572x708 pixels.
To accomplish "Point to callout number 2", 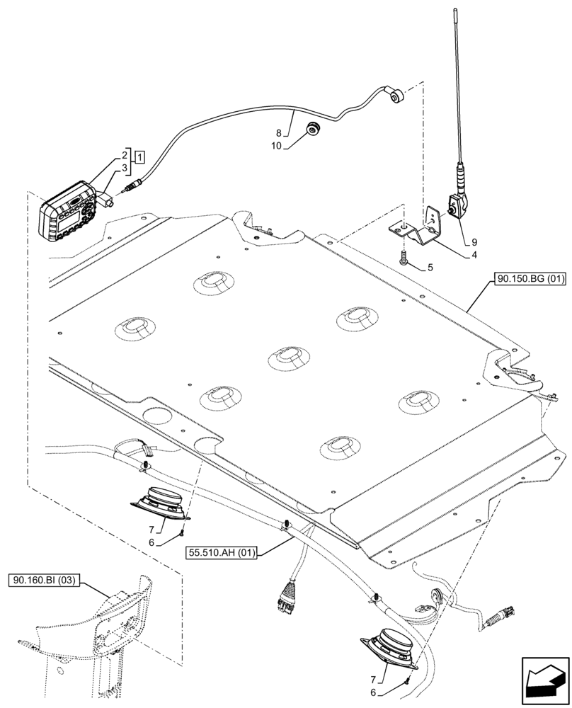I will pos(125,155).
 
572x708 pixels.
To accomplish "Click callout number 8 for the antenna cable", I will pos(279,132).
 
